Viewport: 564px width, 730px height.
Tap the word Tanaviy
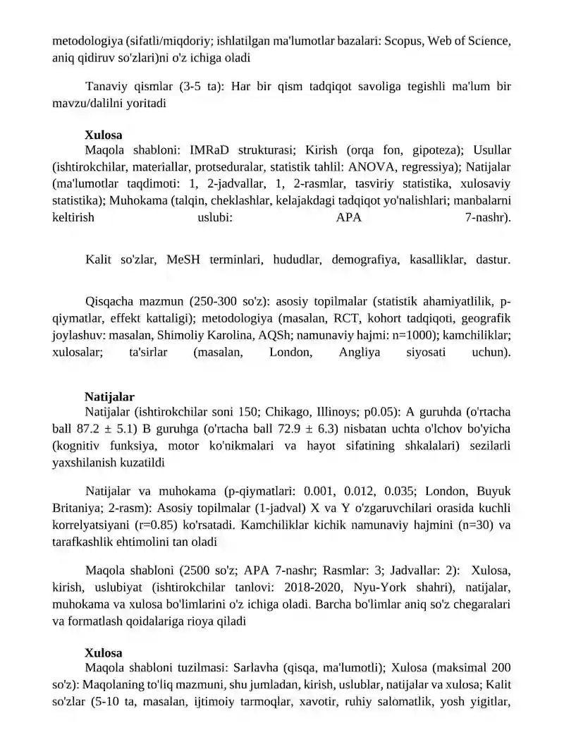pyautogui.click(x=107, y=87)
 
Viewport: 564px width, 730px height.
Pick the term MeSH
pyautogui.click(x=185, y=260)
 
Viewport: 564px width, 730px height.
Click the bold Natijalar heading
pyautogui.click(x=109, y=398)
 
